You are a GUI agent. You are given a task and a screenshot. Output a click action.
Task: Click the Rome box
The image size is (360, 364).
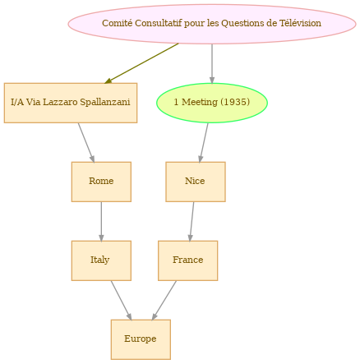click(x=101, y=182)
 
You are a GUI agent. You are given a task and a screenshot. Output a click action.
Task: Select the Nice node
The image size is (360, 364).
click(x=196, y=182)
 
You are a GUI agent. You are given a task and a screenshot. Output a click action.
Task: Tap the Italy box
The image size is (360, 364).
click(x=101, y=260)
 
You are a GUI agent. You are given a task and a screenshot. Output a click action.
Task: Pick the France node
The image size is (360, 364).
click(x=188, y=260)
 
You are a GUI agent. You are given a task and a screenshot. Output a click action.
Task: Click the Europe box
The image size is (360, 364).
click(x=141, y=339)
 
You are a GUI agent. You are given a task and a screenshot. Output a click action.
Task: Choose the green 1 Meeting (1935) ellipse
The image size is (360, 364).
click(x=212, y=103)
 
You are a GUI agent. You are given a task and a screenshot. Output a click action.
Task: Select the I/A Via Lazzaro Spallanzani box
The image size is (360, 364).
click(x=71, y=103)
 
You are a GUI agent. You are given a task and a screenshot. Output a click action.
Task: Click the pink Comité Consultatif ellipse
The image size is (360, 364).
click(x=212, y=24)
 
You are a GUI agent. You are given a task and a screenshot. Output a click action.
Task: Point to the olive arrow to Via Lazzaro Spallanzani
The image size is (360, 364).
click(x=141, y=63)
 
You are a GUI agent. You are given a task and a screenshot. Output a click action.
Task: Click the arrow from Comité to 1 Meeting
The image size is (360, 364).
click(x=212, y=63)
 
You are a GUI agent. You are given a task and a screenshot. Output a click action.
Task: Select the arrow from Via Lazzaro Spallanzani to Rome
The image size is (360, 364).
click(x=86, y=143)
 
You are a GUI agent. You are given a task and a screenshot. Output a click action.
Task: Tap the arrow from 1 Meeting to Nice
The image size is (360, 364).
click(x=204, y=142)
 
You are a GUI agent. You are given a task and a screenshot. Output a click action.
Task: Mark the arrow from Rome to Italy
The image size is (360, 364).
click(x=101, y=222)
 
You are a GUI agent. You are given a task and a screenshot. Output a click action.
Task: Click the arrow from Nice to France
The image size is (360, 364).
click(x=192, y=222)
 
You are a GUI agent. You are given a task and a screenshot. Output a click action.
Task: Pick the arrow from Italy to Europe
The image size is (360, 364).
click(x=121, y=301)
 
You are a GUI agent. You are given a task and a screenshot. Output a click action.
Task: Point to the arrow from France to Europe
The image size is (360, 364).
click(x=164, y=301)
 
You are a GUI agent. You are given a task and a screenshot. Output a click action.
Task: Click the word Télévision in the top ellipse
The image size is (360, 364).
click(x=300, y=23)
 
